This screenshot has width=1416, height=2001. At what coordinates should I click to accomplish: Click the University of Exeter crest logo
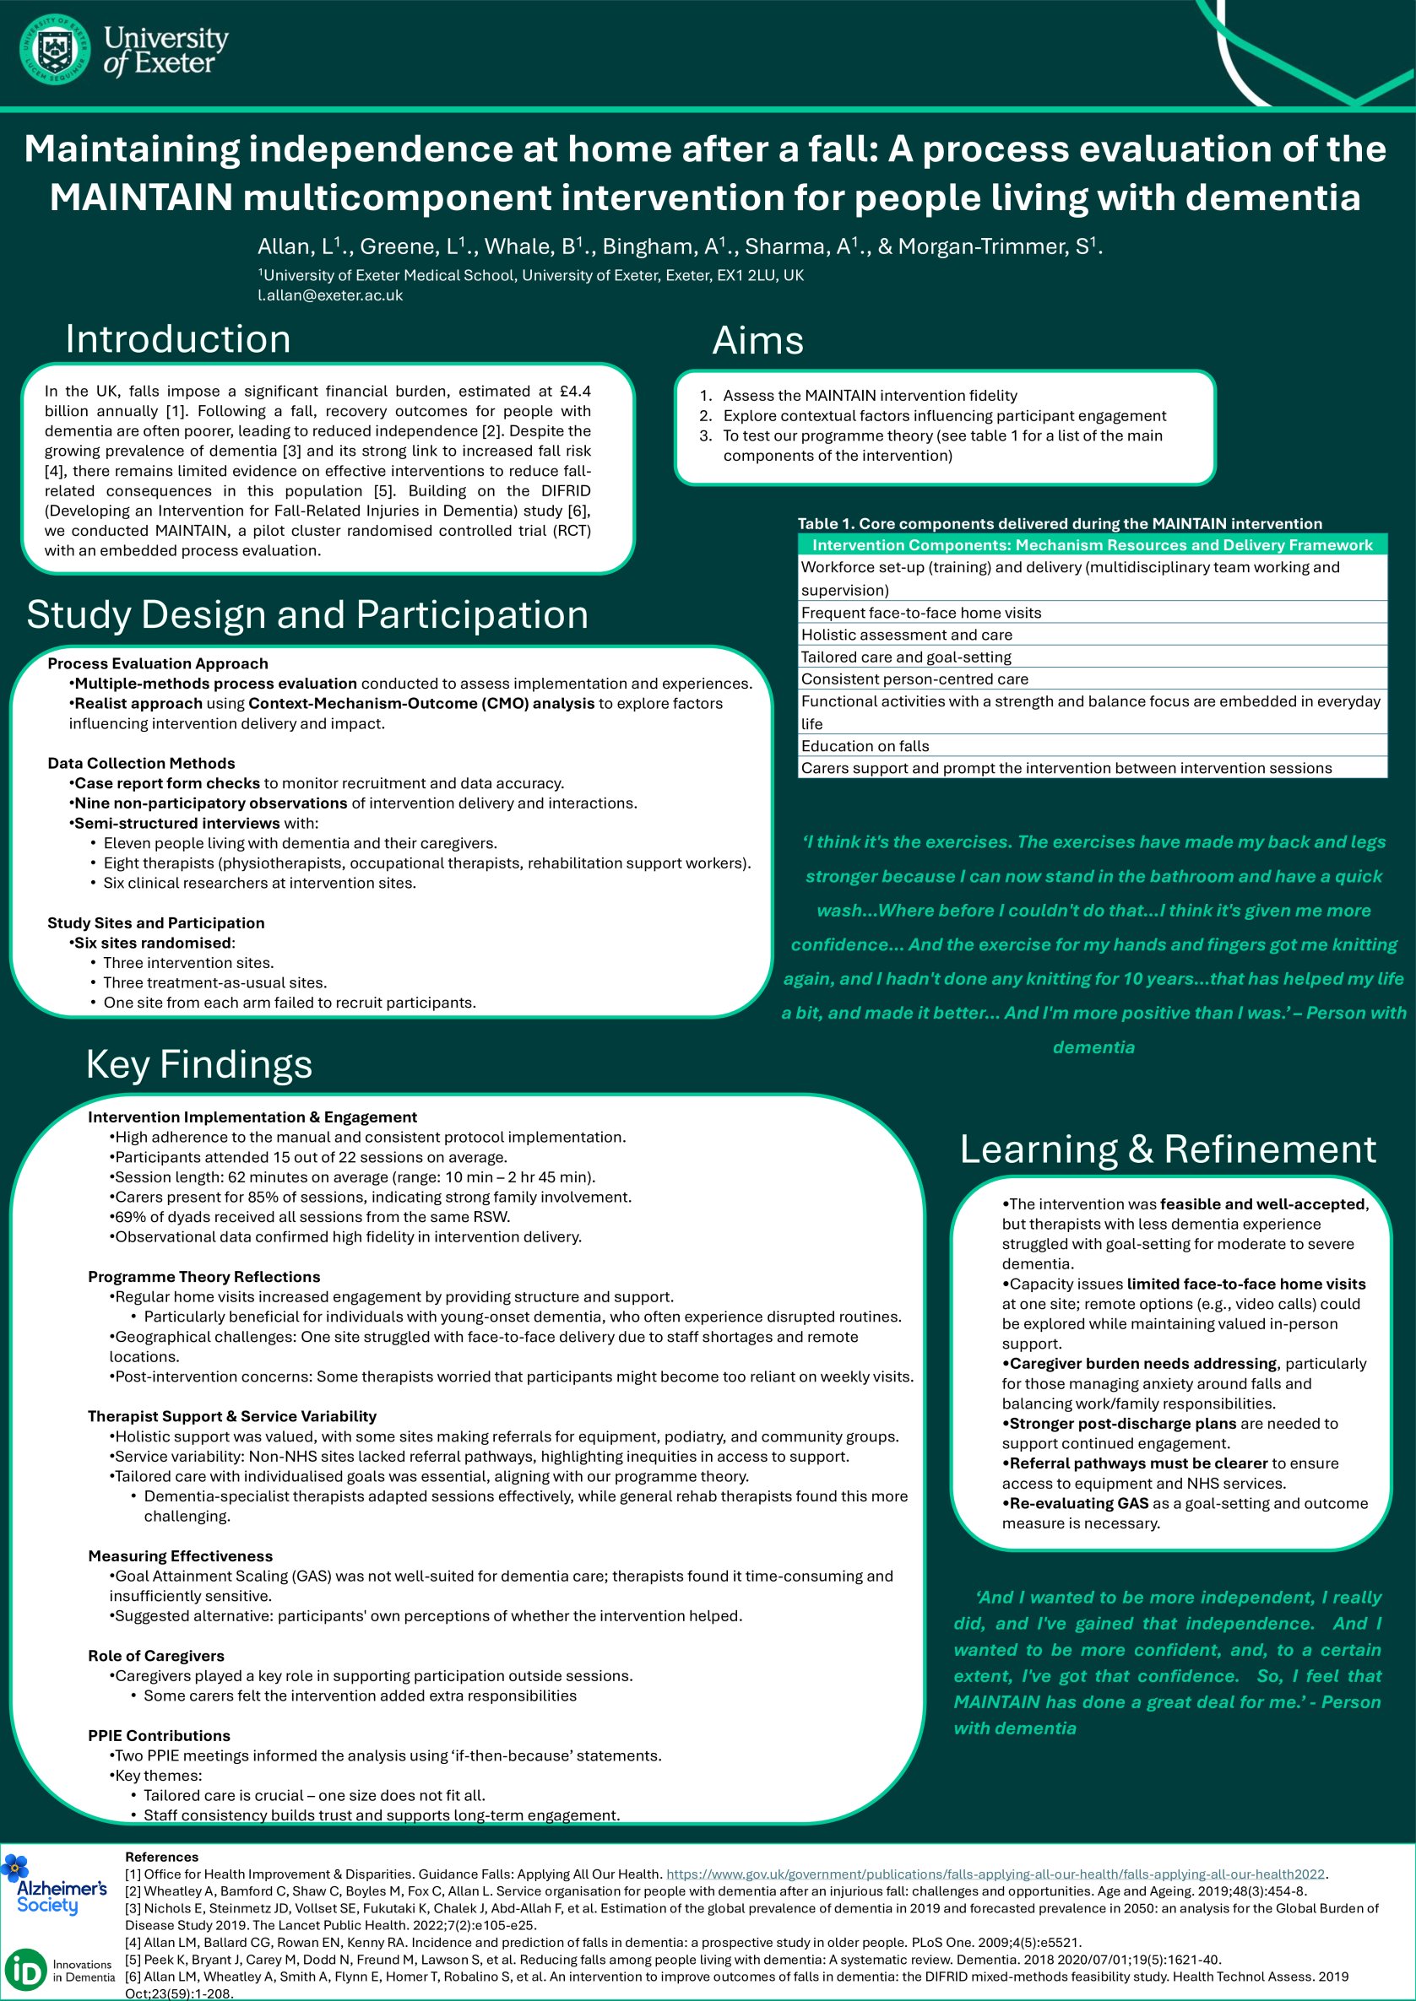(54, 50)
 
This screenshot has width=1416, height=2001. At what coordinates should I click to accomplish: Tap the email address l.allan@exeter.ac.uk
(329, 295)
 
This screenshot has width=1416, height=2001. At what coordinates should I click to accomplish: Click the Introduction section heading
(178, 339)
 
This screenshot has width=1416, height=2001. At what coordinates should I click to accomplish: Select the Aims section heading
(757, 341)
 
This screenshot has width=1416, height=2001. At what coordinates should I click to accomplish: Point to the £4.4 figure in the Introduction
(572, 392)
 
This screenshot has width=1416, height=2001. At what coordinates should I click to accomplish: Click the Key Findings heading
(198, 1064)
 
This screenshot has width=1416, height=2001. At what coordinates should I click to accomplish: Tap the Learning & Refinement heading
(1168, 1149)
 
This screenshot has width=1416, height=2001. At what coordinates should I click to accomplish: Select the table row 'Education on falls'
(865, 746)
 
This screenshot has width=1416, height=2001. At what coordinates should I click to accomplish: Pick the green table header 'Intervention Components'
(1092, 545)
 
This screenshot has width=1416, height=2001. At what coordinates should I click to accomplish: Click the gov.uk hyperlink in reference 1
(995, 1874)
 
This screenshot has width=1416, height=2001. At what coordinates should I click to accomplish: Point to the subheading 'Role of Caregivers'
(156, 1656)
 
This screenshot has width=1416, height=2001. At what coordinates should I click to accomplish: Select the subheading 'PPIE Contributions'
(160, 1735)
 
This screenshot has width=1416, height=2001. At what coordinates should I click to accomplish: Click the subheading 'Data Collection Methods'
(141, 764)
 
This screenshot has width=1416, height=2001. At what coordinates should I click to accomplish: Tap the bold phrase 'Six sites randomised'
(153, 943)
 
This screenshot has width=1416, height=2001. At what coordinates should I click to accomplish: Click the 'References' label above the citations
(161, 1858)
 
